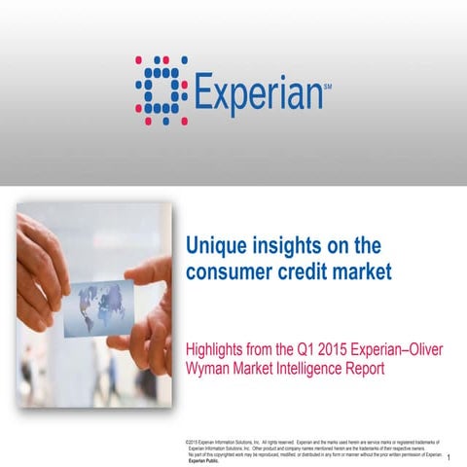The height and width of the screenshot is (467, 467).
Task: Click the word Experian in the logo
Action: click(258, 94)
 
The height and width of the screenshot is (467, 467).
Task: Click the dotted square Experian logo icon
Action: click(158, 91)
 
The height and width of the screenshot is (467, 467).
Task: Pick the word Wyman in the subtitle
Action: click(210, 370)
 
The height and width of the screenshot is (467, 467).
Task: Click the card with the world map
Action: click(98, 307)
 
